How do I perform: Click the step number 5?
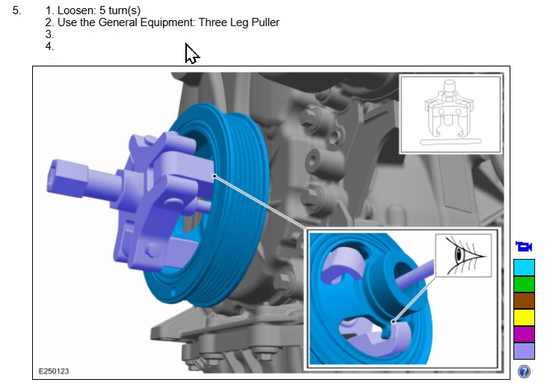pos(16,10)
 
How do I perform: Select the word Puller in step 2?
pos(265,22)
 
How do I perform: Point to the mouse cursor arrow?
pos(192,54)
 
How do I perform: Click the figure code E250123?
pos(54,372)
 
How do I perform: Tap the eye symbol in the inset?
pos(464,255)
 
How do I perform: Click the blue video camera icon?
pos(524,246)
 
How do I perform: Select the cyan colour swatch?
pos(524,268)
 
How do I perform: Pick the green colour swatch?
pos(524,284)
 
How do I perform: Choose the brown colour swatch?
pos(524,301)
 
